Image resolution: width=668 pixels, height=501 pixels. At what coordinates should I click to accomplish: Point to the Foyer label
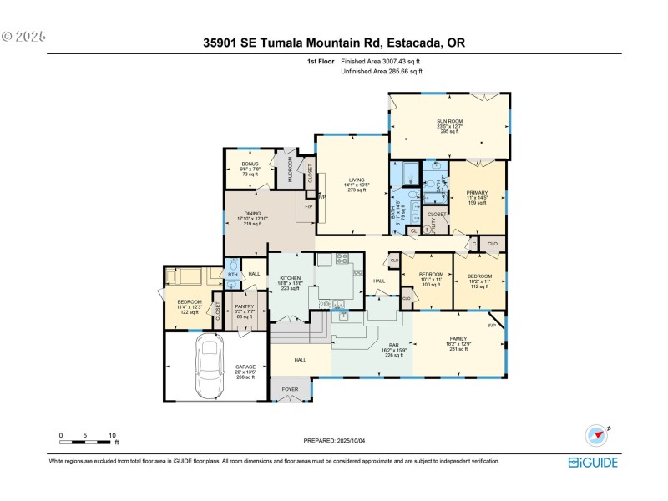289,389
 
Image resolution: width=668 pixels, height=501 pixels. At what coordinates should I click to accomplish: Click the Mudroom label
291,170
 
